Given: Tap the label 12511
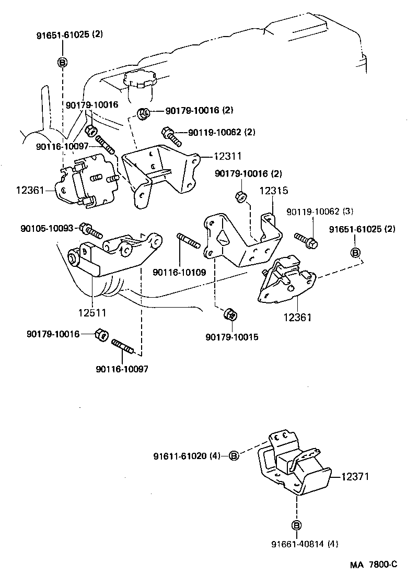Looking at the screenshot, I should [92, 313].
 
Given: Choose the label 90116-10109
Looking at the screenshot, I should [179, 272].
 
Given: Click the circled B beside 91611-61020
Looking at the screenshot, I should [235, 456].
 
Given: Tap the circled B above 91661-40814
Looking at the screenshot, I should [296, 525].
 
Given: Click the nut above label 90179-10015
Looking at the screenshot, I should [230, 314].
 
